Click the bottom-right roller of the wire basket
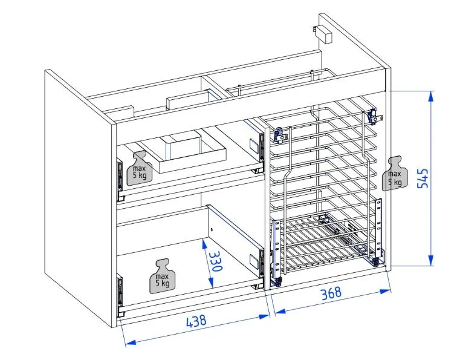coord(376,261)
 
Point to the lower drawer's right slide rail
coord(258,260)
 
